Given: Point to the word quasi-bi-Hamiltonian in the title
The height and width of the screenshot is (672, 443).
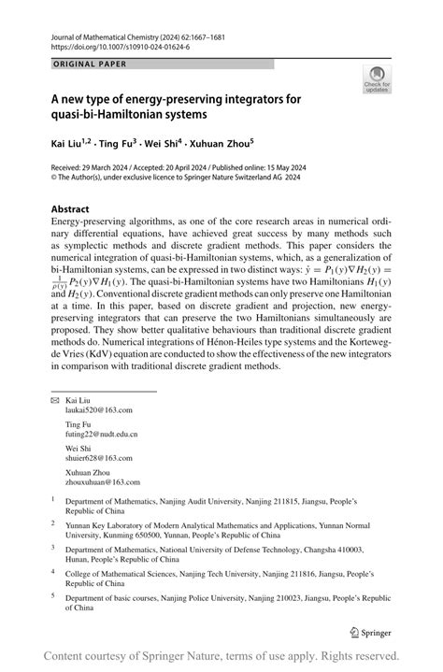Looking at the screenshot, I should pyautogui.click(x=102, y=116).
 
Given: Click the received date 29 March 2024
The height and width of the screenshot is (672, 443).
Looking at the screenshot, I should pyautogui.click(x=111, y=165).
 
